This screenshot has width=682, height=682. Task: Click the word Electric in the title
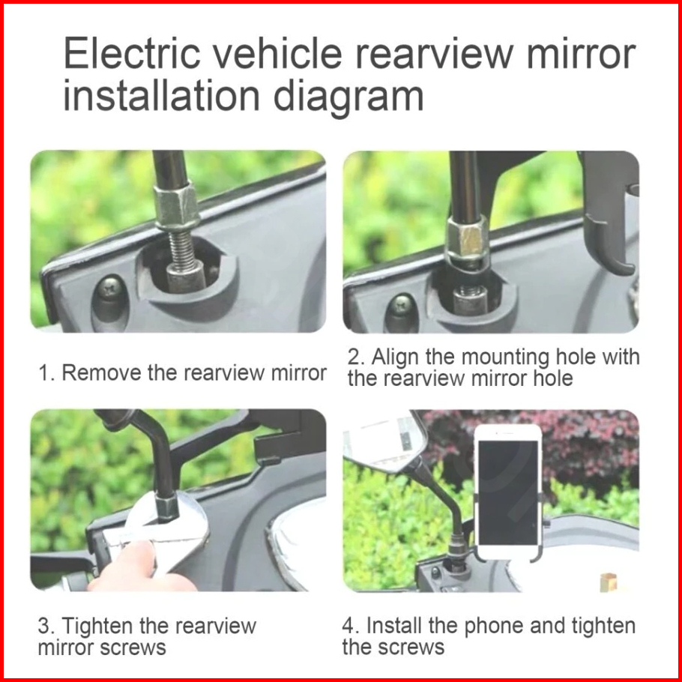tap(132, 53)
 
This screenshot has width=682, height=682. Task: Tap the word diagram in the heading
tap(348, 97)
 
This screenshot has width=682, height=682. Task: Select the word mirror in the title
tap(581, 55)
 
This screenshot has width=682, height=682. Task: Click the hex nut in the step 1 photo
tap(177, 206)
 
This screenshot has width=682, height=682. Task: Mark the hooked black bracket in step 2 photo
tap(606, 212)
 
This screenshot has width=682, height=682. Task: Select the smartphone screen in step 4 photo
tap(508, 493)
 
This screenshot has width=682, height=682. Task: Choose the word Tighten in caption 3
tap(97, 627)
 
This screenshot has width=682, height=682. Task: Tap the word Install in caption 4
tap(394, 626)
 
